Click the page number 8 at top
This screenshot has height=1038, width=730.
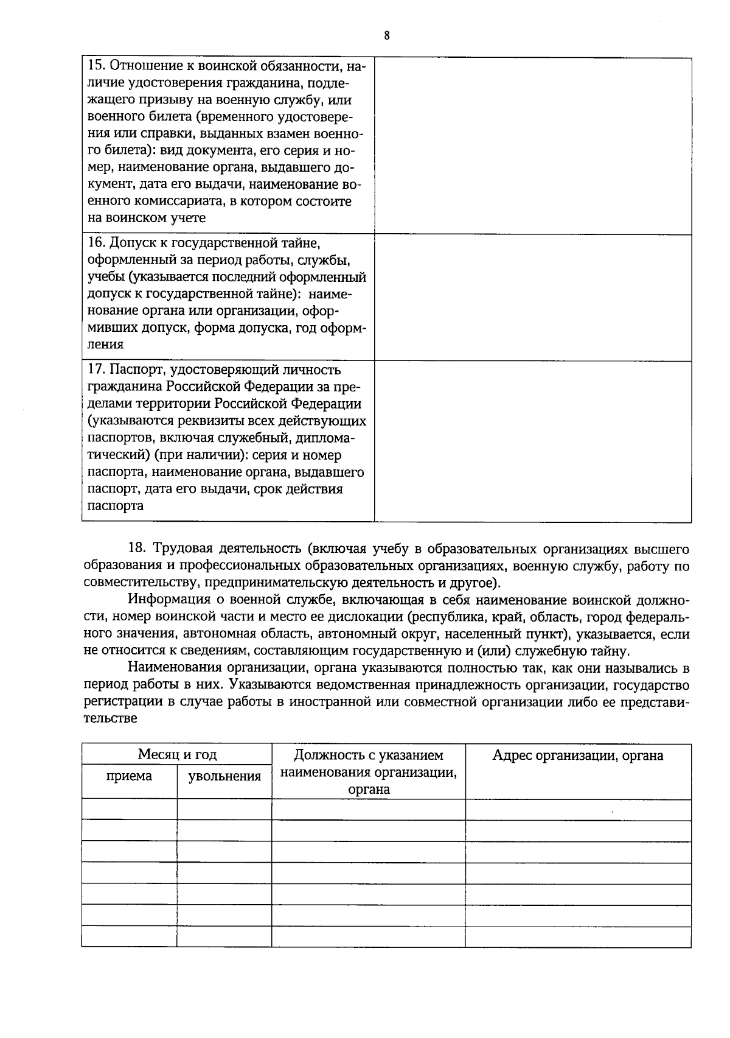(387, 35)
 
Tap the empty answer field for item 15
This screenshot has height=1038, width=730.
(532, 146)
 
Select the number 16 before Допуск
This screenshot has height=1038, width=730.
(96, 243)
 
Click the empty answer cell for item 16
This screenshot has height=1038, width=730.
(532, 297)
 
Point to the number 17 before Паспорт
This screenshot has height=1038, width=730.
(96, 370)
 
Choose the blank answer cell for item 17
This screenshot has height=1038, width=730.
(532, 441)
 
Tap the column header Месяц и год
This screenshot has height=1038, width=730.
(176, 755)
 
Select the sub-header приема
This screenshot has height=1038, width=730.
(129, 776)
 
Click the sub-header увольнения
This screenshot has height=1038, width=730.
(224, 776)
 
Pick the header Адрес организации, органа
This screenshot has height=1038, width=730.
(577, 756)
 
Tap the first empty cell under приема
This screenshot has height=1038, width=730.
(129, 810)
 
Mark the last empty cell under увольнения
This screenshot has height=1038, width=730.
(224, 936)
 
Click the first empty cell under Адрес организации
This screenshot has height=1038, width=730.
(577, 810)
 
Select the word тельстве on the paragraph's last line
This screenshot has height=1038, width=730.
(110, 718)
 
